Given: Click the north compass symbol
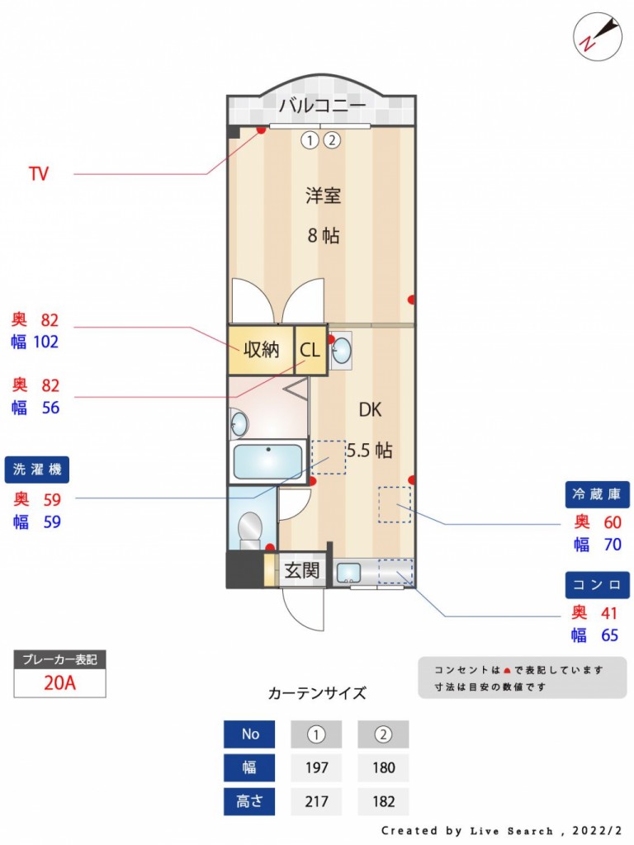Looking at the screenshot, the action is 598,36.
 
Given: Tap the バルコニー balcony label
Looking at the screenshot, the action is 321,105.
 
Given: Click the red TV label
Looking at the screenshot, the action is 38,173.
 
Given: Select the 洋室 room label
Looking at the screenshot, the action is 324,196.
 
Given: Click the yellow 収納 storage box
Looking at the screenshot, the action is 261,350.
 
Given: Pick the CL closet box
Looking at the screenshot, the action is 310,350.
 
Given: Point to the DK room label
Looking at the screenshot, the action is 370,410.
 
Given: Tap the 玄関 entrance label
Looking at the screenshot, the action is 302,570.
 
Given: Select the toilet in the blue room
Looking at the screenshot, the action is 249,529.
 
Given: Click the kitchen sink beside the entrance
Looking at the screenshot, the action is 349,573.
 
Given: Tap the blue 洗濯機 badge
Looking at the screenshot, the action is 36,470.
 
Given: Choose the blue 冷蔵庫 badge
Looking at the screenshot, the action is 597,494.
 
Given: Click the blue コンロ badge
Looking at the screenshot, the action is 597,585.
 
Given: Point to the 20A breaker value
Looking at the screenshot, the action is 59,682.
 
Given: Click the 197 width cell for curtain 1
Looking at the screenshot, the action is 316,767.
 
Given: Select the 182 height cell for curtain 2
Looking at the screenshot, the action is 383,801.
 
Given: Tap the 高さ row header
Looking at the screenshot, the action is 249,801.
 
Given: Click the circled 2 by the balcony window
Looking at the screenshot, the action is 332,140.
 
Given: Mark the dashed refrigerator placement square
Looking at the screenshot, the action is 395,504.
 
